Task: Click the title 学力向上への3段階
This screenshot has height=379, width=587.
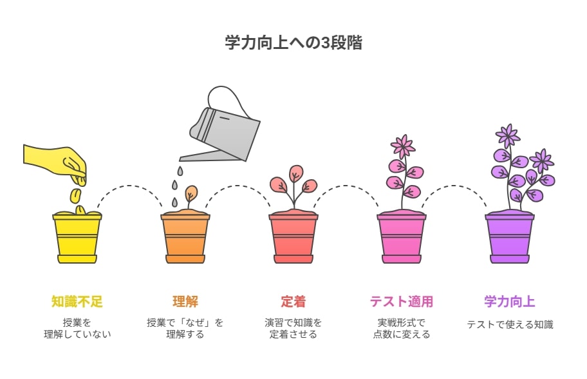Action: [x=293, y=43]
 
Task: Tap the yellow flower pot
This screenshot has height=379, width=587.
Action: [x=77, y=238]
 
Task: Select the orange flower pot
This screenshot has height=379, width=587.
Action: [x=185, y=238]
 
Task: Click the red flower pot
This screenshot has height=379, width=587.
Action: [x=293, y=238]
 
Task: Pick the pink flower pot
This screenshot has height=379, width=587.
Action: [x=402, y=238]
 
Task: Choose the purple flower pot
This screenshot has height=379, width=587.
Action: [x=510, y=238]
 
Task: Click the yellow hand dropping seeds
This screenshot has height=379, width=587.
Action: [x=56, y=162]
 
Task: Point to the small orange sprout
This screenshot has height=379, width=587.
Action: [x=191, y=196]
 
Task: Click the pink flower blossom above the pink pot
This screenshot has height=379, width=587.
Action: [x=403, y=146]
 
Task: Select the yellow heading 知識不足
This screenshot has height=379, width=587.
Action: [x=77, y=302]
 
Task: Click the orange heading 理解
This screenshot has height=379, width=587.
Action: [x=185, y=302]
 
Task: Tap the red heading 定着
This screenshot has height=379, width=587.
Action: [x=293, y=302]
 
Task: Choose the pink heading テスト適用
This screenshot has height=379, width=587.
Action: [x=402, y=302]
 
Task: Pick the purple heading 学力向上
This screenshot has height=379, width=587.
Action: [x=510, y=302]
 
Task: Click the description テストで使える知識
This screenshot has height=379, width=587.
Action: [x=510, y=325]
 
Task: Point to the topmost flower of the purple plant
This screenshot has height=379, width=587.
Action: [x=508, y=135]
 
